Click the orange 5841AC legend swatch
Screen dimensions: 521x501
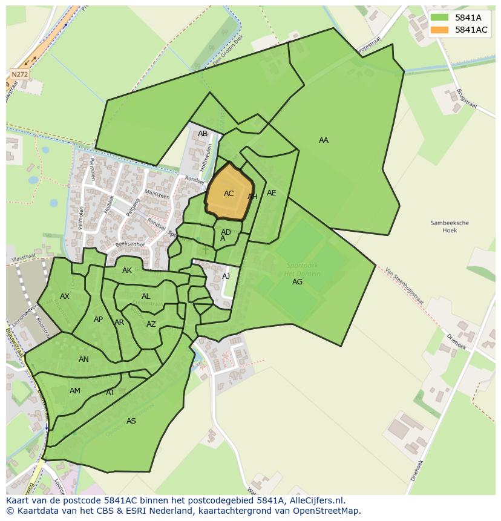(x=440, y=30)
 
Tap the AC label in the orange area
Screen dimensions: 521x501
(x=229, y=194)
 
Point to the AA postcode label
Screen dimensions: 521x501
(x=324, y=140)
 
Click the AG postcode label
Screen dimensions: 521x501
(x=297, y=282)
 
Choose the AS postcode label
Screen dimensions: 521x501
(x=131, y=421)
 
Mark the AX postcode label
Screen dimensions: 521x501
(x=65, y=297)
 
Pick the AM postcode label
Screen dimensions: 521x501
(x=75, y=391)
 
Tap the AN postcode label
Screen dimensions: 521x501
(x=83, y=359)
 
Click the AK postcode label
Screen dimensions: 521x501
(x=127, y=270)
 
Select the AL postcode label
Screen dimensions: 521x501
(x=146, y=297)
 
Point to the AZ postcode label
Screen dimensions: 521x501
(x=151, y=324)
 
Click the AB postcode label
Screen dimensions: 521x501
(x=203, y=134)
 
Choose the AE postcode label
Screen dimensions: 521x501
(x=272, y=193)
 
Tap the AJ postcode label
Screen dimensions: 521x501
(x=226, y=277)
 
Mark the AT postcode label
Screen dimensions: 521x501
(x=110, y=393)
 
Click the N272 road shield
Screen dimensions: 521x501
(x=20, y=74)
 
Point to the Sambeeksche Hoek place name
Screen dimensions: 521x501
(x=450, y=226)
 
